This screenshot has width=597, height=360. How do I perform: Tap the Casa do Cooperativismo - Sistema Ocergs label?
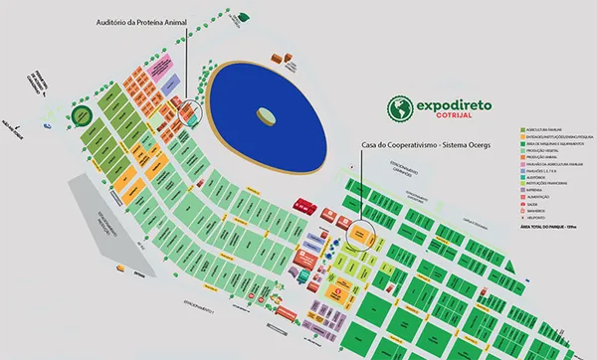(x=418, y=144)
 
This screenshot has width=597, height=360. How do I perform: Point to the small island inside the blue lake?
(x=266, y=115)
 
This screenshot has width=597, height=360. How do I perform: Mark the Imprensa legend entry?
(x=541, y=190)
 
